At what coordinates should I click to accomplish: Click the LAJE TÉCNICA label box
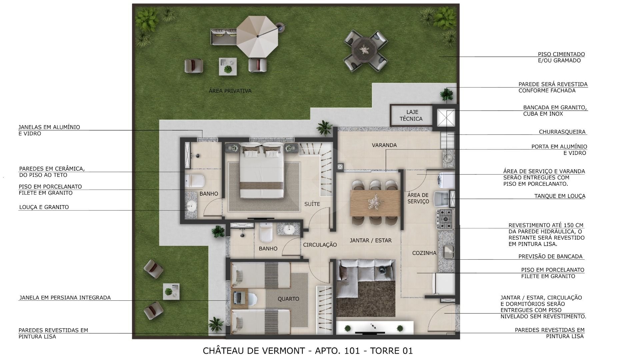411,115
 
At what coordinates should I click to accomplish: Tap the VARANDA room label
384,145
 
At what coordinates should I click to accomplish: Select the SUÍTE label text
312,204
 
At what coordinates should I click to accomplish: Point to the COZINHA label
424,253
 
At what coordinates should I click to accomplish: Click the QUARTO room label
288,299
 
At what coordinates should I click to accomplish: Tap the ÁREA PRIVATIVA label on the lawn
230,91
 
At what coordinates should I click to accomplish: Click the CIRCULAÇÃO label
320,245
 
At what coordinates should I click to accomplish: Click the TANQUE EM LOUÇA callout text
560,196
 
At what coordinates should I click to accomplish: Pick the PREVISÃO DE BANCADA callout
550,256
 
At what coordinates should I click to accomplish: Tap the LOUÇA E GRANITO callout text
44,207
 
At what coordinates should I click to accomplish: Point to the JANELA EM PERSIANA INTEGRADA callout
65,298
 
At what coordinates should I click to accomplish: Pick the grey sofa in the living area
366,278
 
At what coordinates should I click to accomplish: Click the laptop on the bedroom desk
238,297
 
